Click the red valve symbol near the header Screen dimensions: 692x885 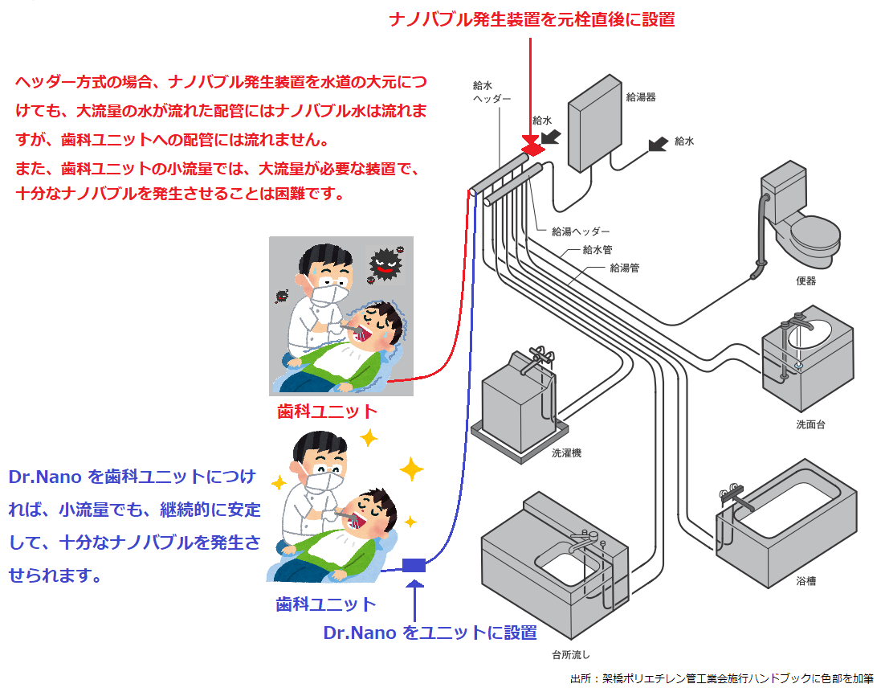pos(530,146)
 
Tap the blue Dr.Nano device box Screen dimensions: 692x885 pos(413,564)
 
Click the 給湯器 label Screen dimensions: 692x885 pos(640,97)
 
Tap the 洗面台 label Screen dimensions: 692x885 pos(810,424)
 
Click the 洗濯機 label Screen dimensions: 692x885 pos(566,452)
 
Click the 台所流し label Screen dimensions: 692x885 pos(571,653)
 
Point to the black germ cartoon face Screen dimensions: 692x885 pos(383,264)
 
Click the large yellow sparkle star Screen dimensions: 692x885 pos(411,469)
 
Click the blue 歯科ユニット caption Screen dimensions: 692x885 pos(325,604)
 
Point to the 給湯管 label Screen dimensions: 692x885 pos(624,268)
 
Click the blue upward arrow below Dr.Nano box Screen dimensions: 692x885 pos(414,600)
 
